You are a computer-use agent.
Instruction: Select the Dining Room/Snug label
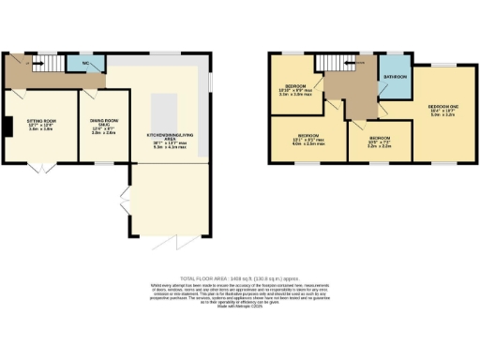[103, 126]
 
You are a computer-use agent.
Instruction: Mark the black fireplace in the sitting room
[7, 126]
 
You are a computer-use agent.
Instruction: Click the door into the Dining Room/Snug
[88, 94]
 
